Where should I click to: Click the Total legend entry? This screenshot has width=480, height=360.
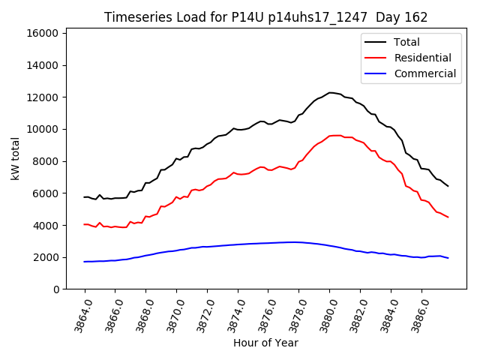click(x=407, y=42)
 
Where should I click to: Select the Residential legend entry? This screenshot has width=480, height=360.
click(x=422, y=58)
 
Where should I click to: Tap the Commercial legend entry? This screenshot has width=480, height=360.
click(x=424, y=73)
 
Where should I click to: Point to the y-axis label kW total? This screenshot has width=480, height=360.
click(x=16, y=159)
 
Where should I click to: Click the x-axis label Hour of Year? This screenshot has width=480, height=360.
click(x=265, y=343)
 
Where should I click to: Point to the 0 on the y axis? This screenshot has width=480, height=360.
click(x=57, y=289)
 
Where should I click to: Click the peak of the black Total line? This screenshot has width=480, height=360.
click(x=331, y=92)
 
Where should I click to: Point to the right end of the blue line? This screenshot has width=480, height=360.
click(x=448, y=258)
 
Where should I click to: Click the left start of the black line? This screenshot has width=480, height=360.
click(x=84, y=197)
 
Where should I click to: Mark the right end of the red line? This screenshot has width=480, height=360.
click(x=448, y=217)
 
